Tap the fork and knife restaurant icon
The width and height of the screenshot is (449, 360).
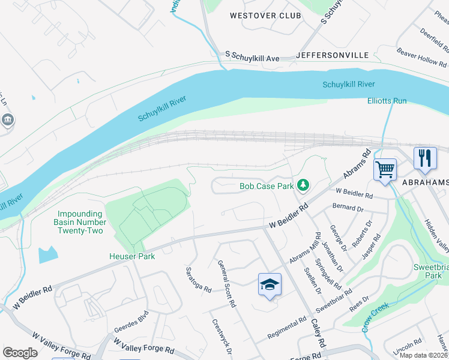tap(425, 158)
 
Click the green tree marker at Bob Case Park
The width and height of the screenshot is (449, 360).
tap(304, 186)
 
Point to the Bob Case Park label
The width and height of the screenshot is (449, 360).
tap(267, 186)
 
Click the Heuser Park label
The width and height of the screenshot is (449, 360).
tap(131, 256)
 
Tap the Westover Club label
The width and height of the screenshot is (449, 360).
tap(261, 16)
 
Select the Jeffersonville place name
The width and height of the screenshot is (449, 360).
tap(333, 55)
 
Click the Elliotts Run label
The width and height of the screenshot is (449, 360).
tap(387, 101)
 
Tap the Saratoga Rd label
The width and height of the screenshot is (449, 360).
tap(199, 280)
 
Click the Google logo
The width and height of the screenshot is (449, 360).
tap(20, 353)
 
